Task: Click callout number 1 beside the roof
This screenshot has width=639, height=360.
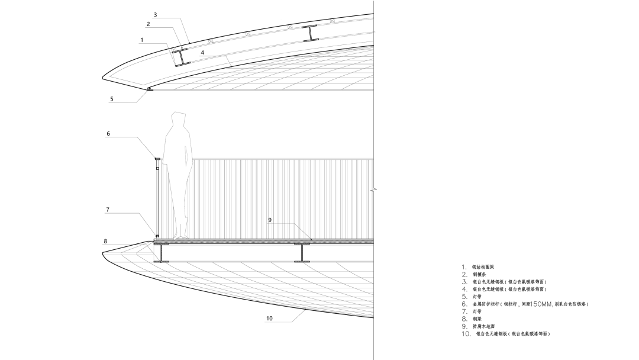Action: click(x=142, y=40)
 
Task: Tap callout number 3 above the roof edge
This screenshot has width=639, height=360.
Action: click(x=155, y=14)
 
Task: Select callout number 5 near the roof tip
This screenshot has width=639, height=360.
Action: click(x=111, y=99)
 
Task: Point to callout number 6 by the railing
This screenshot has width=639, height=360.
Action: click(x=108, y=134)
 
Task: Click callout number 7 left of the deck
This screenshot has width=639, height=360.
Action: click(x=108, y=210)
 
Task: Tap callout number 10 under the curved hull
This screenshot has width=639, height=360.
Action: click(x=269, y=319)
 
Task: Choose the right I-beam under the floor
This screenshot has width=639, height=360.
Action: click(x=304, y=253)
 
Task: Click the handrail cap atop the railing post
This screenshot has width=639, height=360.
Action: click(x=157, y=159)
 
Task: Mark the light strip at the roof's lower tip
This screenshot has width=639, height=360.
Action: click(x=149, y=89)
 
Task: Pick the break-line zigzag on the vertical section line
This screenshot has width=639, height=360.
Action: click(x=375, y=191)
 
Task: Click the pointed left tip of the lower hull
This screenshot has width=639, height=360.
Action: click(x=105, y=253)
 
